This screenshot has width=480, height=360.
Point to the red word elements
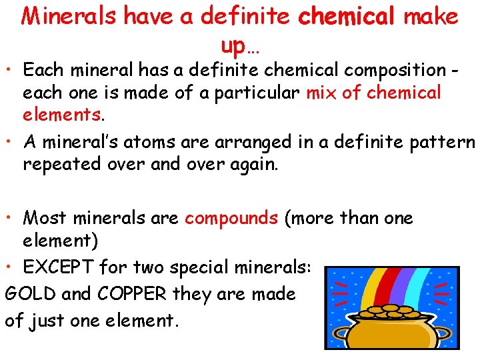(x=62, y=115)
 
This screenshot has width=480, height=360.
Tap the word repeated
(x=59, y=164)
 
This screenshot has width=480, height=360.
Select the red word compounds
(x=231, y=218)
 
